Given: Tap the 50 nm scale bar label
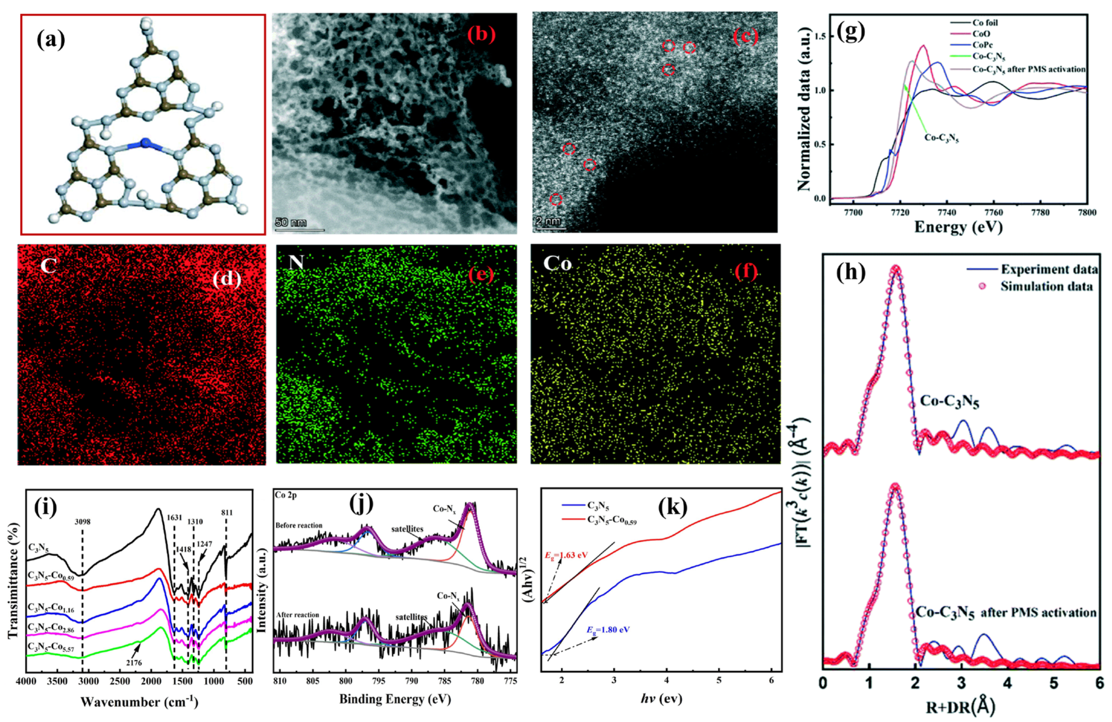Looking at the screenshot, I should pos(291,222).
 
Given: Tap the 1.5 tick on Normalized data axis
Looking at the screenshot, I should pos(819,36).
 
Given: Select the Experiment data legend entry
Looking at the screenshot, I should pos(1049,269).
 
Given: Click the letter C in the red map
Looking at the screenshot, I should pos(48,265).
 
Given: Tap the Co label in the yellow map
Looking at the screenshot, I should pos(557,264).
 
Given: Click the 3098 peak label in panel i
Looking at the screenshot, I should pos(82,522).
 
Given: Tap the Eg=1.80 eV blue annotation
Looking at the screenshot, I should pos(608,629).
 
